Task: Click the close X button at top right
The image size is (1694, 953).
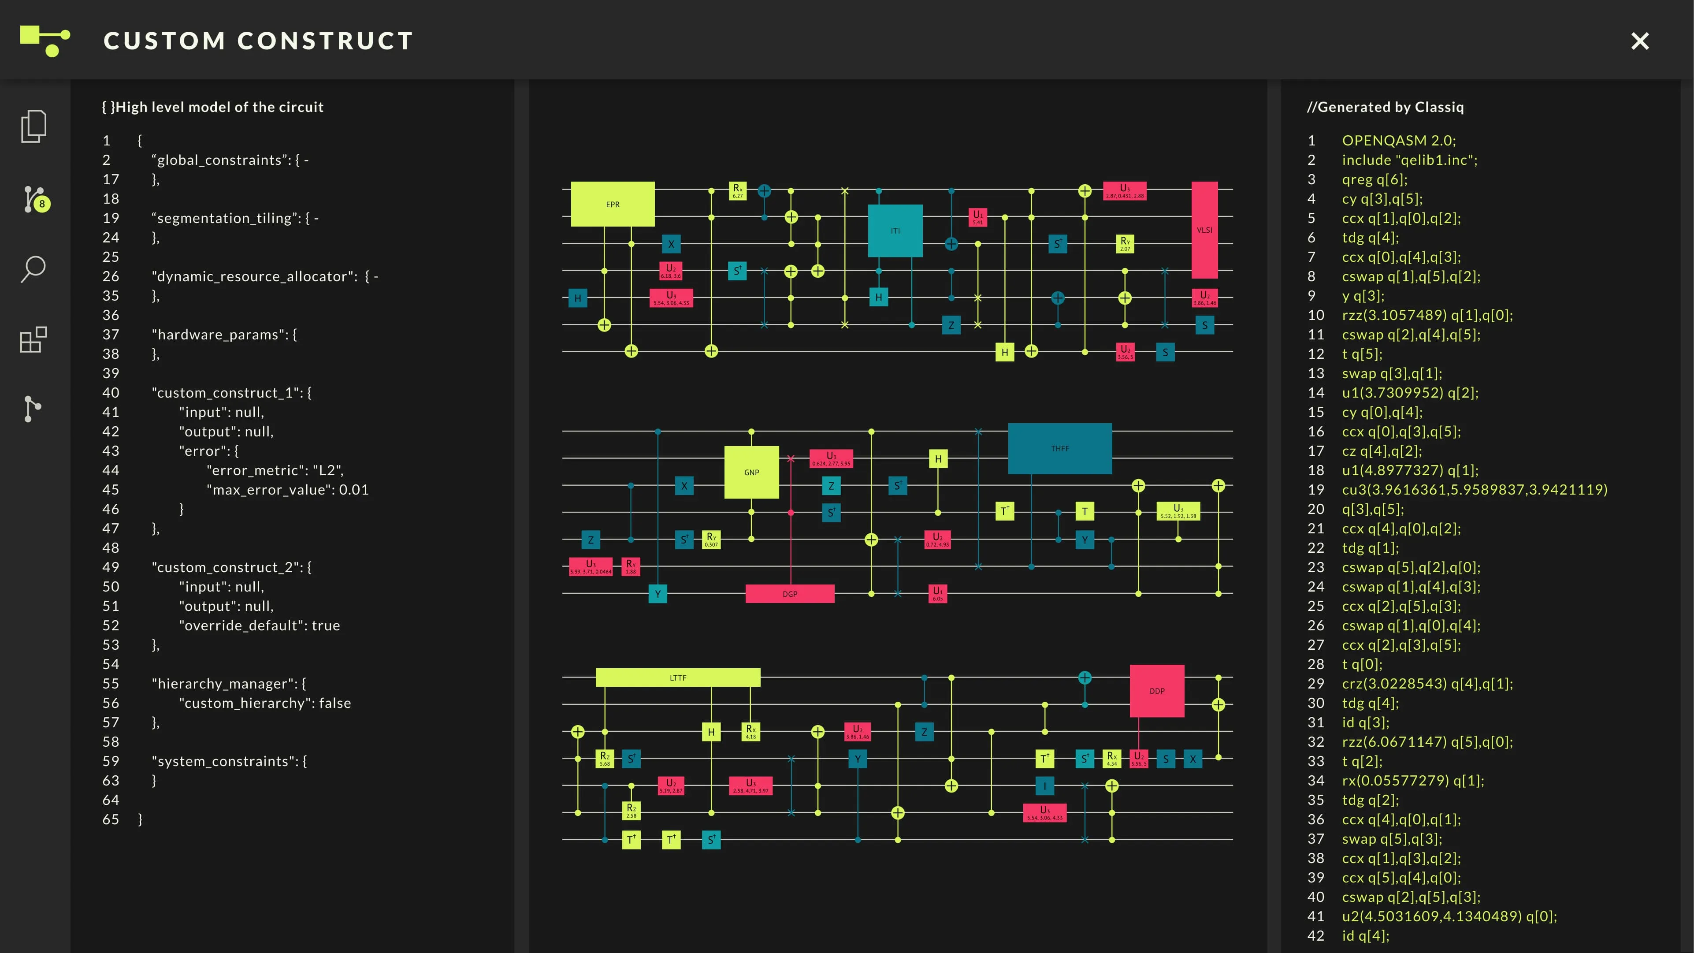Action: (x=1639, y=41)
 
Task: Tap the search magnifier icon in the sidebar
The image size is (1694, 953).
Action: (x=33, y=268)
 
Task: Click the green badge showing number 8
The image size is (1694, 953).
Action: (x=42, y=204)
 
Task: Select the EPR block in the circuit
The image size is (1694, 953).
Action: (x=612, y=204)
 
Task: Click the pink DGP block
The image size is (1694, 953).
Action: (x=789, y=593)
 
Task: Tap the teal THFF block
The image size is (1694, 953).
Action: (x=1059, y=449)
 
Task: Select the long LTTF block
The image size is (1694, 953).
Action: (x=677, y=678)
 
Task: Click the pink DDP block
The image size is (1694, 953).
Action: (x=1157, y=691)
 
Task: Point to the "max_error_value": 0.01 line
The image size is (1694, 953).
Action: (x=287, y=490)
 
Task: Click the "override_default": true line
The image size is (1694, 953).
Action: (x=259, y=625)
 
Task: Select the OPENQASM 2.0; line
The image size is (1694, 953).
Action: (x=1399, y=141)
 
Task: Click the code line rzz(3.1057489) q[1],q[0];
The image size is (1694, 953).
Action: (x=1427, y=315)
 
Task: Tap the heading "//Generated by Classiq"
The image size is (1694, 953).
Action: (x=1385, y=107)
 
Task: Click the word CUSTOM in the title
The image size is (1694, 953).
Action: (x=164, y=41)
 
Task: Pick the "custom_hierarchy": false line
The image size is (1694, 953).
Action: (x=264, y=703)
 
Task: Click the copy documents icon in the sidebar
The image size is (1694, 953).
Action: (x=33, y=126)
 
